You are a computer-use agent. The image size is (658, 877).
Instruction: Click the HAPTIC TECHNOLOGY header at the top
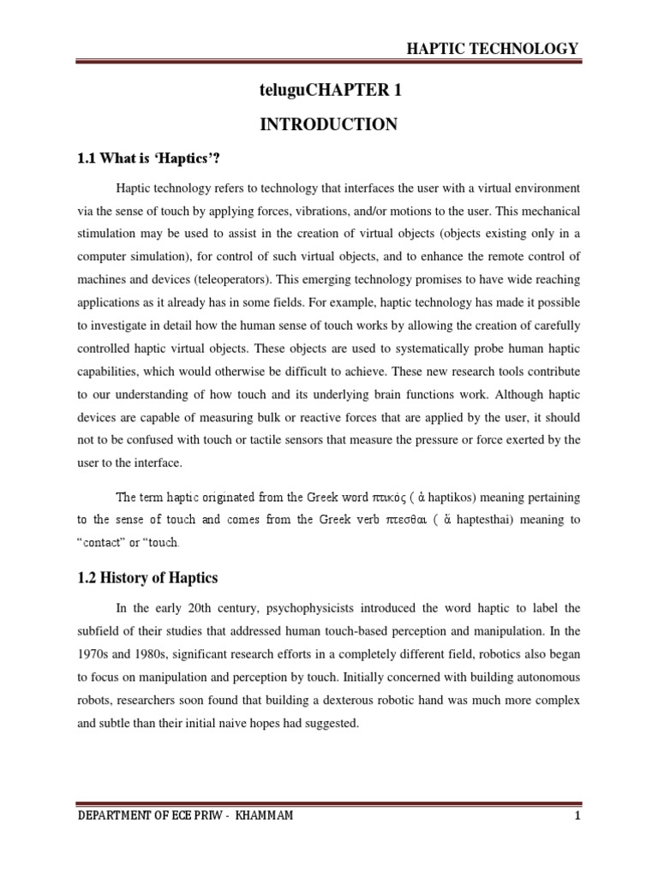pos(492,49)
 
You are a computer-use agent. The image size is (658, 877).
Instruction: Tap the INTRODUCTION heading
pos(329,125)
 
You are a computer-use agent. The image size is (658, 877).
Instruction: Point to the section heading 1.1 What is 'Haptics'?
pos(155,157)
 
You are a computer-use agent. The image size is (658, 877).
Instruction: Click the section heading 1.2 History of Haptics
pos(147,578)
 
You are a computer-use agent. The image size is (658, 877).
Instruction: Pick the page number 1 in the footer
pos(578,815)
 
